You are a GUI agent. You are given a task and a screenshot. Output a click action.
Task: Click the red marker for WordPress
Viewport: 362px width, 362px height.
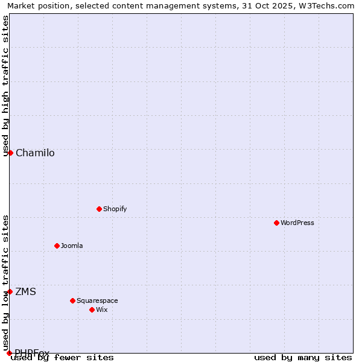(x=276, y=223)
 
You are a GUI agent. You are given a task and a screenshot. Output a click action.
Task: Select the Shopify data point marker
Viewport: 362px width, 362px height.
(x=99, y=209)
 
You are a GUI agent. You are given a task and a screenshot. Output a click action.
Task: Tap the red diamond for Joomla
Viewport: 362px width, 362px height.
(x=57, y=246)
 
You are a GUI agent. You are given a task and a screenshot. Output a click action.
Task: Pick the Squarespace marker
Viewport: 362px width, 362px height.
(x=72, y=300)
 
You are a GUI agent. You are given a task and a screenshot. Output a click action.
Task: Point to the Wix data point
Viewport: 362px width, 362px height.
(x=92, y=310)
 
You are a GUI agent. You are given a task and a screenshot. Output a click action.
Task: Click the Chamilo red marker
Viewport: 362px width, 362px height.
(x=10, y=153)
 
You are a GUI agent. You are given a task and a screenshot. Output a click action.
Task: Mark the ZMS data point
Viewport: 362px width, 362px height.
(x=10, y=291)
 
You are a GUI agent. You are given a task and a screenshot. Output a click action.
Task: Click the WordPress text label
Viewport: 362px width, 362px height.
(x=297, y=223)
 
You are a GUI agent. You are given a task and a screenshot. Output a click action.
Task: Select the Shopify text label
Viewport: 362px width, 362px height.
(x=115, y=209)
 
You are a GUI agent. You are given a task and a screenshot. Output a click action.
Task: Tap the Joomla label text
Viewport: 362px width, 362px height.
(x=72, y=246)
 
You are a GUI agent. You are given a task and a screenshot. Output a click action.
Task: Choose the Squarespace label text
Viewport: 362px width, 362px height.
(x=97, y=300)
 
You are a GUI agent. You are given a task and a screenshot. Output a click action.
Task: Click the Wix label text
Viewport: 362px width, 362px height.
(x=101, y=310)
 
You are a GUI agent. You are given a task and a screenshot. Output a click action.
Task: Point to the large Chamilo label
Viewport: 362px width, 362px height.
(x=35, y=153)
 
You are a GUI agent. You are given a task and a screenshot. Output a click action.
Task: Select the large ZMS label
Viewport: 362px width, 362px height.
(x=25, y=291)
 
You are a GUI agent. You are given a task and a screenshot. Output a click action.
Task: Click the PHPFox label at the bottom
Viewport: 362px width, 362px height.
(x=32, y=352)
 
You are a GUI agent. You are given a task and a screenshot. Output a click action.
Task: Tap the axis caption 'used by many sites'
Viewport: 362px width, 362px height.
(x=303, y=357)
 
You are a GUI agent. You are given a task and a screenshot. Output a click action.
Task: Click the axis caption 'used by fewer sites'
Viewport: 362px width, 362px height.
(x=62, y=357)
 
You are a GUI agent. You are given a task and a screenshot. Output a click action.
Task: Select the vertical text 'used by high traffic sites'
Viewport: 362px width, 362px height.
(x=5, y=86)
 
